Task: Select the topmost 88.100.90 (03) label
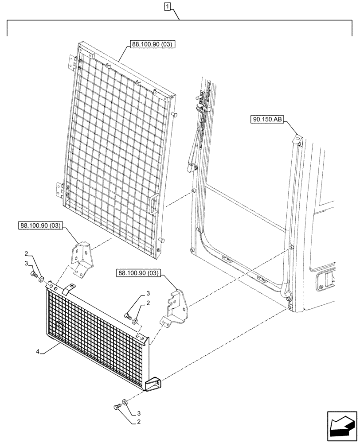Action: [x=153, y=44]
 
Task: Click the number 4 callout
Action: [x=39, y=352]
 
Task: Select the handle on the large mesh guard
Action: [x=153, y=205]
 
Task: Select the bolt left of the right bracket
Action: [x=127, y=315]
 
